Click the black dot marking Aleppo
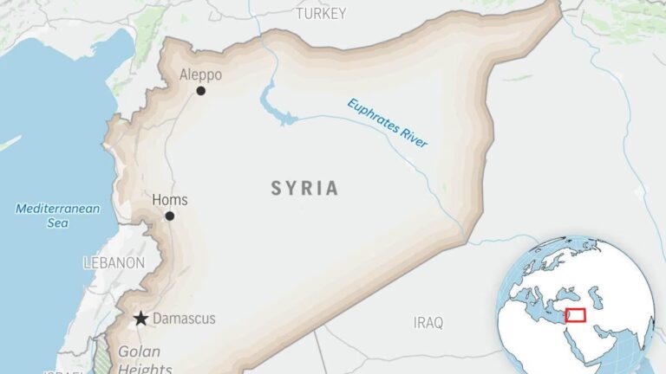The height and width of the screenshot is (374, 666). point(201,90)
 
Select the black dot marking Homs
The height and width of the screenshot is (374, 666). point(170,216)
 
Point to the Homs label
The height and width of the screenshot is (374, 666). point(169,200)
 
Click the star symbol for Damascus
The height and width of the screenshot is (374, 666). point(140,319)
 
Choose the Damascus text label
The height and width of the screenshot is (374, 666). point(184,319)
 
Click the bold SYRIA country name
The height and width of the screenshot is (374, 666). point(304,188)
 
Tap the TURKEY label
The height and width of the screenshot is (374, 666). point(321,14)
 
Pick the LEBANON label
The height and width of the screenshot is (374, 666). point(114,262)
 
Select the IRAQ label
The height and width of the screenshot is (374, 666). point(428,323)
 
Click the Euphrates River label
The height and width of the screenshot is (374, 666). point(388,123)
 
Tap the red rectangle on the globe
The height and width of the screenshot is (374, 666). point(575,314)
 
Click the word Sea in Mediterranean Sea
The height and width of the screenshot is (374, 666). point(58,223)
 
